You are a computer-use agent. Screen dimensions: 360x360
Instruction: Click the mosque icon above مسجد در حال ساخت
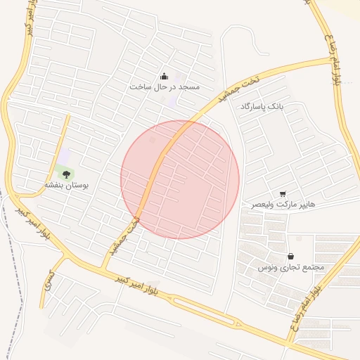coord(164,77)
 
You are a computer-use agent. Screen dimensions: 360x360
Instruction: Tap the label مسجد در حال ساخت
coord(165,86)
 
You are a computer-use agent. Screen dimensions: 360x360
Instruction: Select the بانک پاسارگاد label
coord(261,106)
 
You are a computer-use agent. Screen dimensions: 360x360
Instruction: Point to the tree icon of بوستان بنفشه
coord(66,173)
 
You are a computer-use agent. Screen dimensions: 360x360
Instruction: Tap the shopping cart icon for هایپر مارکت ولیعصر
coord(283,193)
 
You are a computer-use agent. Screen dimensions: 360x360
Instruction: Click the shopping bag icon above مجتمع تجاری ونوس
coord(290,257)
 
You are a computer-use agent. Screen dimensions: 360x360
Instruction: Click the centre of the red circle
coord(180,179)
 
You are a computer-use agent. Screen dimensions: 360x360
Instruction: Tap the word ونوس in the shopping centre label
coord(266,268)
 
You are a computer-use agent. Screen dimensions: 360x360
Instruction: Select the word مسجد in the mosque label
coord(189,86)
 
